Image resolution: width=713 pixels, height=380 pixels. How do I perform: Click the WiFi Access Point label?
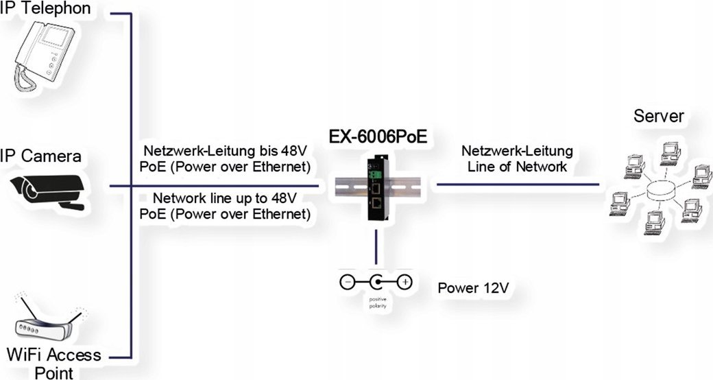[53, 364]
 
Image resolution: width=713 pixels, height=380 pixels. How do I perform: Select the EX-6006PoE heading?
[376, 136]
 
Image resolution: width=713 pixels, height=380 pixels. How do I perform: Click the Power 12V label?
[472, 286]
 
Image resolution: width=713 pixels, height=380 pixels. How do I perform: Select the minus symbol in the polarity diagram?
[348, 282]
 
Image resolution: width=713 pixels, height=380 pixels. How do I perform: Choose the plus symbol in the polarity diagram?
[405, 282]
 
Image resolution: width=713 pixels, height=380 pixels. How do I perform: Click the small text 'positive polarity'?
[377, 302]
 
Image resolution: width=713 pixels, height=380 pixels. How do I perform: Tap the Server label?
[658, 116]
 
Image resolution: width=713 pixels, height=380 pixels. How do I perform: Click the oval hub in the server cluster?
[660, 190]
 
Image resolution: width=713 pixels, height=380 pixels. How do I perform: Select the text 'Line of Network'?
[518, 166]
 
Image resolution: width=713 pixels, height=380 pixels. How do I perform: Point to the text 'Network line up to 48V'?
[225, 199]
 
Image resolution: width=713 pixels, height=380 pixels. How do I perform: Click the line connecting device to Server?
[518, 185]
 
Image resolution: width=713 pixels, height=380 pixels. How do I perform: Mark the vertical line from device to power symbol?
[376, 247]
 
